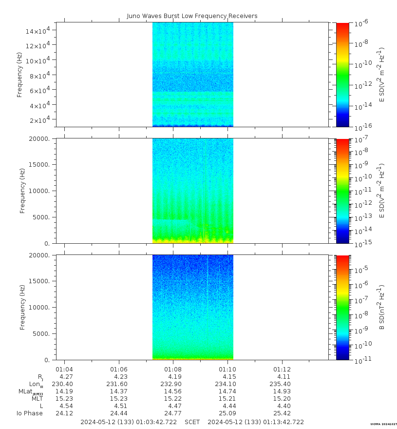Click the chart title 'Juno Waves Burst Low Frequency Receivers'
192,16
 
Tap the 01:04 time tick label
64,369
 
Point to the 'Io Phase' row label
30,413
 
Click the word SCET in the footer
192,422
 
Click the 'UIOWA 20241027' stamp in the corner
383,425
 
